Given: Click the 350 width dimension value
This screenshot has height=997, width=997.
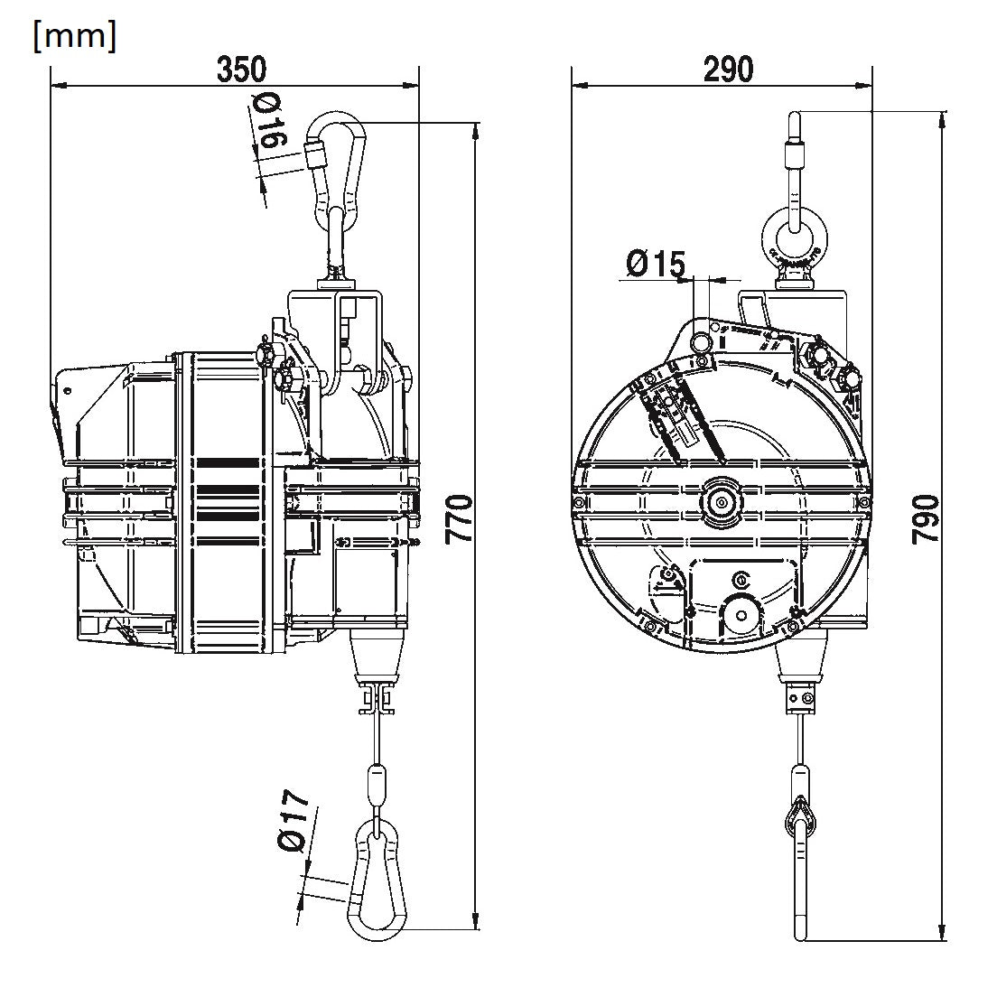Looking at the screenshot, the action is click(x=242, y=70).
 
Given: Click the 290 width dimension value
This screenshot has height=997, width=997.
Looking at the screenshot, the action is click(x=728, y=70).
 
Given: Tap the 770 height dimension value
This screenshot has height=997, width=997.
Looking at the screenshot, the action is click(x=459, y=519).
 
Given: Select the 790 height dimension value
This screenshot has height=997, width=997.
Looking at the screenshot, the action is click(x=926, y=519).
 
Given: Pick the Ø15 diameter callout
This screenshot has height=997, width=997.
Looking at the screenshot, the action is click(x=656, y=263).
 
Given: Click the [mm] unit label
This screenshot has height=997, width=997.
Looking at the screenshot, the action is click(x=75, y=37).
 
